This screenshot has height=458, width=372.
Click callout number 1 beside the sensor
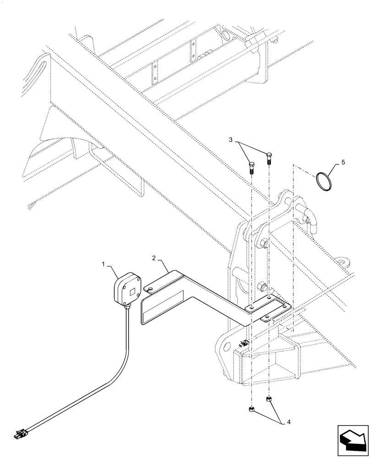(104, 264)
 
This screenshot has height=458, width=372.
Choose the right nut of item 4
(269, 400)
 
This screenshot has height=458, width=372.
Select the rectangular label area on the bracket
(163, 308)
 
